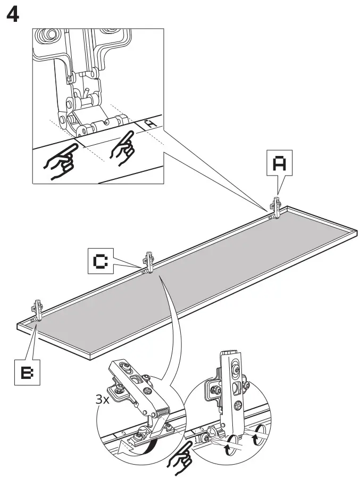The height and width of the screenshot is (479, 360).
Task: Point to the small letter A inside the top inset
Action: (151, 123)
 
